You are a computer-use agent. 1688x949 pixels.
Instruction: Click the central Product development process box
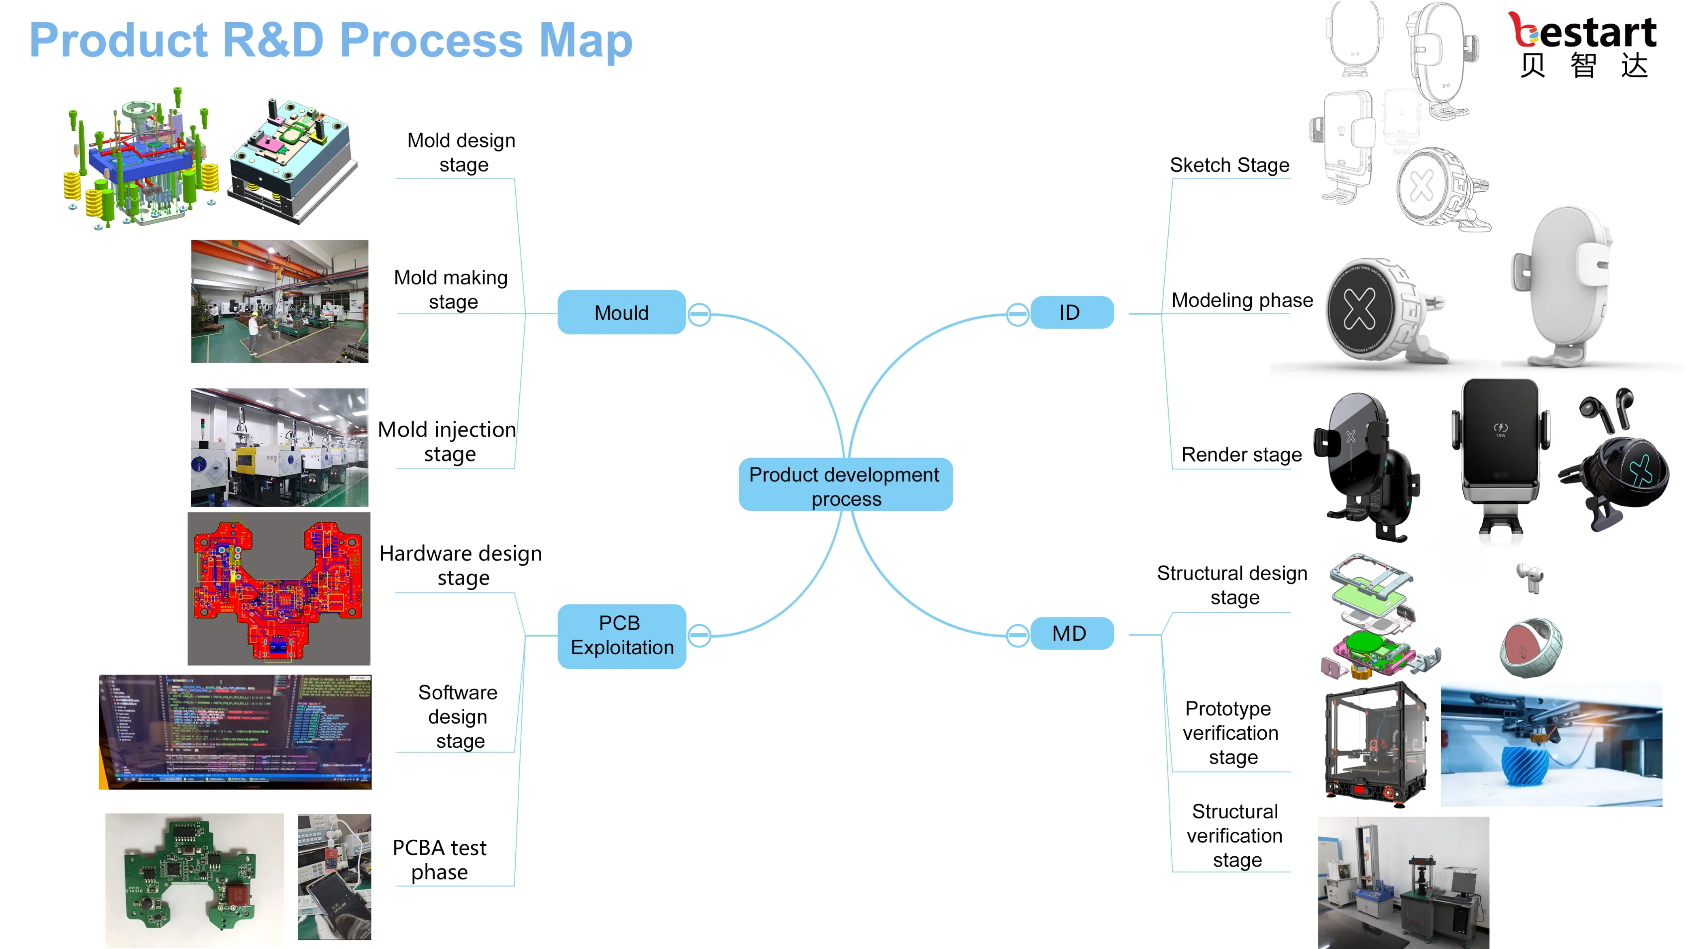[x=845, y=485]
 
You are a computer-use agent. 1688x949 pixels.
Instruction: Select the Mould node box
[x=621, y=313]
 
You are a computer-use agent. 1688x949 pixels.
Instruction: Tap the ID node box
[x=1071, y=313]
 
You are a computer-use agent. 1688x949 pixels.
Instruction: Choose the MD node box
[x=1071, y=633]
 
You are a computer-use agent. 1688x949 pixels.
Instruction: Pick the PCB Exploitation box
[x=621, y=635]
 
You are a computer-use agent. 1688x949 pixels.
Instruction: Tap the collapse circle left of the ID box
[x=1017, y=314]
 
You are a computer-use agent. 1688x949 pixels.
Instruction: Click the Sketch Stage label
[x=1229, y=165]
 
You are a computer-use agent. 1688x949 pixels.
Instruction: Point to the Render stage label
[x=1241, y=455]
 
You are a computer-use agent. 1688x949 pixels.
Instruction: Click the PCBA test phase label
[x=439, y=859]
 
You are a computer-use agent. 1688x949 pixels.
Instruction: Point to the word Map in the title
[x=586, y=40]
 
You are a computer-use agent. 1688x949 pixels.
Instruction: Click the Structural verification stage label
[x=1235, y=835]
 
